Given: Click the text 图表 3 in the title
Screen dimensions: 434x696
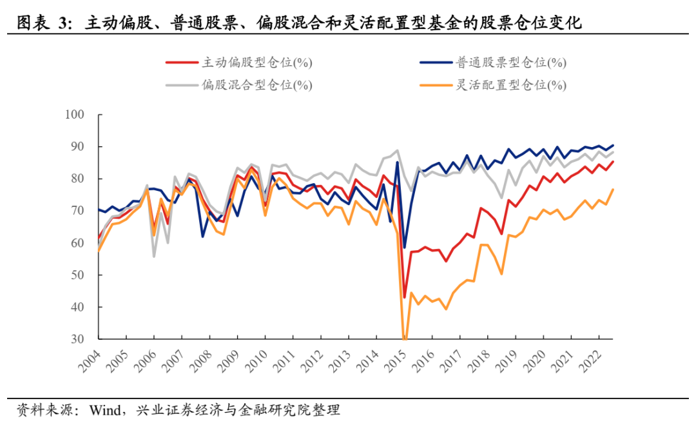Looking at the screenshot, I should click(x=43, y=24).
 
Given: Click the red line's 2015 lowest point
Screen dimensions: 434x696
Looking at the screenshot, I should click(x=405, y=297).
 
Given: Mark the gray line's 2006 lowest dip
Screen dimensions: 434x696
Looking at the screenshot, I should click(x=154, y=256).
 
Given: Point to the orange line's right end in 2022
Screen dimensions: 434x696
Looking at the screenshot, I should click(x=612, y=189).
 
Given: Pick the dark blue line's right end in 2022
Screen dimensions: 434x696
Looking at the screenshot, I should click(x=612, y=145).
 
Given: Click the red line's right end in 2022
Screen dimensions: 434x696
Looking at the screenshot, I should click(x=612, y=161).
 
